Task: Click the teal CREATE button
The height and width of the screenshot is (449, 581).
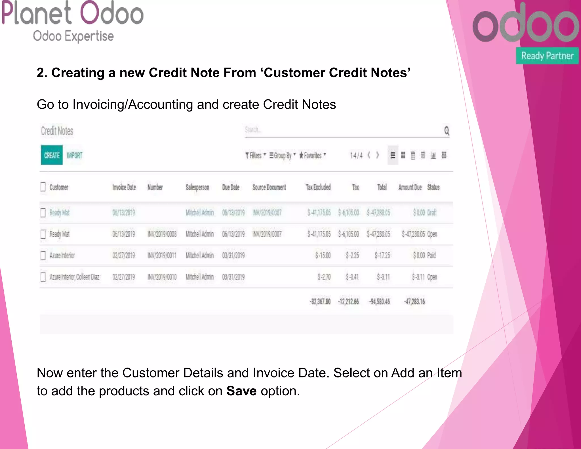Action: pyautogui.click(x=52, y=155)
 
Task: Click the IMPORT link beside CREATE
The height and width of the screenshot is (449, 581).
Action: pyautogui.click(x=74, y=156)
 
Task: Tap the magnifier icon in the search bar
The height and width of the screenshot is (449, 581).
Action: pyautogui.click(x=447, y=131)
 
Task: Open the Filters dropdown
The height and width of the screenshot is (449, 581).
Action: pyautogui.click(x=255, y=156)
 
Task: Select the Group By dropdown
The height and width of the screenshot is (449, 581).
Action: pyautogui.click(x=283, y=156)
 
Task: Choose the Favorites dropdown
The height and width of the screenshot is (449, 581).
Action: pyautogui.click(x=312, y=156)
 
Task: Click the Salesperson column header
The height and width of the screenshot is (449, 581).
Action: pyautogui.click(x=197, y=187)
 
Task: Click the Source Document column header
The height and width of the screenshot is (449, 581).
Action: pyautogui.click(x=269, y=187)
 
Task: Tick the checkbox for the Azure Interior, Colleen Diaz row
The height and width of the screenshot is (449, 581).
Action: pyautogui.click(x=43, y=277)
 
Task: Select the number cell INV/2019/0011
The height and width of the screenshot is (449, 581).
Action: pyautogui.click(x=162, y=255)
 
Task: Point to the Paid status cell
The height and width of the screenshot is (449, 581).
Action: pyautogui.click(x=431, y=255)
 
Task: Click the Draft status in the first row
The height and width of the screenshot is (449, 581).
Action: pyautogui.click(x=432, y=213)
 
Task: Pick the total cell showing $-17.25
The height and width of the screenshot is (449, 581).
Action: pyautogui.click(x=382, y=255)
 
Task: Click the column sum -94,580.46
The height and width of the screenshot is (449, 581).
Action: pyautogui.click(x=379, y=301)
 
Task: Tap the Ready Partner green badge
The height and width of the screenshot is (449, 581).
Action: pyautogui.click(x=547, y=56)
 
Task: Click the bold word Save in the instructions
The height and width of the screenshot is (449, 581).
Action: pyautogui.click(x=241, y=391)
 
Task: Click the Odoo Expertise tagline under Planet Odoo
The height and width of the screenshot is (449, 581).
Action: pyautogui.click(x=73, y=36)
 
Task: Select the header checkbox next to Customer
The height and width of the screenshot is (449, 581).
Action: pyautogui.click(x=43, y=187)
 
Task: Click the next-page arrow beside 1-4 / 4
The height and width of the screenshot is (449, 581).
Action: pyautogui.click(x=377, y=155)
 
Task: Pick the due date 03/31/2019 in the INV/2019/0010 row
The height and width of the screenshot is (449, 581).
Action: pyautogui.click(x=233, y=277)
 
